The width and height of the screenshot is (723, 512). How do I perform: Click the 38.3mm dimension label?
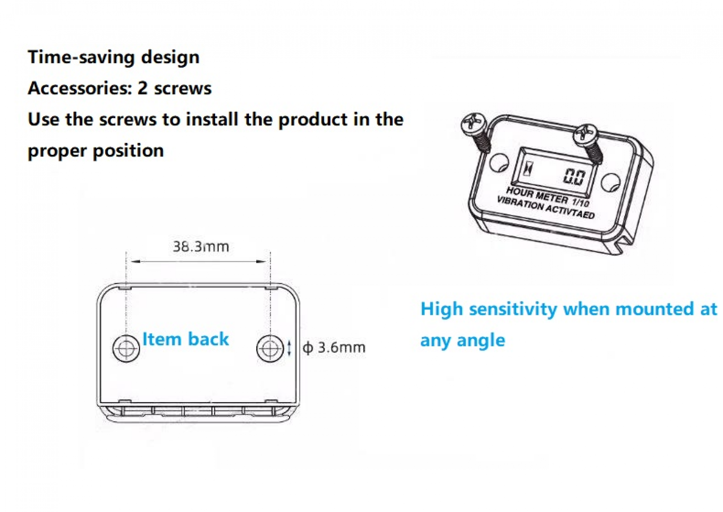201,247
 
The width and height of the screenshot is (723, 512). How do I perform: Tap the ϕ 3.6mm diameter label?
334,347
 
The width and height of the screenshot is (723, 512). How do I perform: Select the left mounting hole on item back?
126,349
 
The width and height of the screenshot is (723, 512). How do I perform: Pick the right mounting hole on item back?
270,349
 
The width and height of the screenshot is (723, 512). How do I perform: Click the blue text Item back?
185,339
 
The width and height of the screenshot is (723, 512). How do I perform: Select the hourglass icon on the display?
528,169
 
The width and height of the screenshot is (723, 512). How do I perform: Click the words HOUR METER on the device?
537,195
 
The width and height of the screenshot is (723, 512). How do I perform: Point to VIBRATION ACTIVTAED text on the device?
545,208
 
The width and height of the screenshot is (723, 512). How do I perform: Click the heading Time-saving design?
113,57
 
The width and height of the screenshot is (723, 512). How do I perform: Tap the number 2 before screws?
143,88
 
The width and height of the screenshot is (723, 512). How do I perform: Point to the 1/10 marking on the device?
581,202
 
